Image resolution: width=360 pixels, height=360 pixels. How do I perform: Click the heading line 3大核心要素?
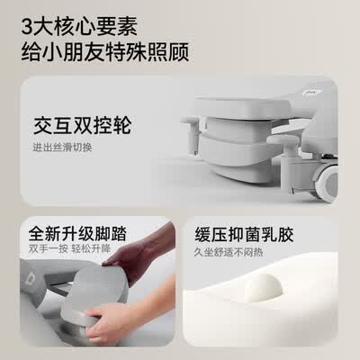79,26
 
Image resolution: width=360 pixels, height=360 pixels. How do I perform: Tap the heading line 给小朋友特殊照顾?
105,52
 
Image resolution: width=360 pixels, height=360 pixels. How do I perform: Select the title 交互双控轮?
83,125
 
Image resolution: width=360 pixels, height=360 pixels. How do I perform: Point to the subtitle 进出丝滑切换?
62,148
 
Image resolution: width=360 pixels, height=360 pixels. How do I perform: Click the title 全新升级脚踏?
77,234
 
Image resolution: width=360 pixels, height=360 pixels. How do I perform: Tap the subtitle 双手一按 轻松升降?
69,248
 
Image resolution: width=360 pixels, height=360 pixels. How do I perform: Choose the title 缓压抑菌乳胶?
244,234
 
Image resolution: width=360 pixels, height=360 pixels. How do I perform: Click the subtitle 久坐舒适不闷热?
229,252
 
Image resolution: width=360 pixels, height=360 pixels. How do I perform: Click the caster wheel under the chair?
328,183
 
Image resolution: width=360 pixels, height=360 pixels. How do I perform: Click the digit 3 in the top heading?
26,26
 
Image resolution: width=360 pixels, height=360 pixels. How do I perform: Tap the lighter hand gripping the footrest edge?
126,315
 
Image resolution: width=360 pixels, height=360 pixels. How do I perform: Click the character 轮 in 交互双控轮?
122,125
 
